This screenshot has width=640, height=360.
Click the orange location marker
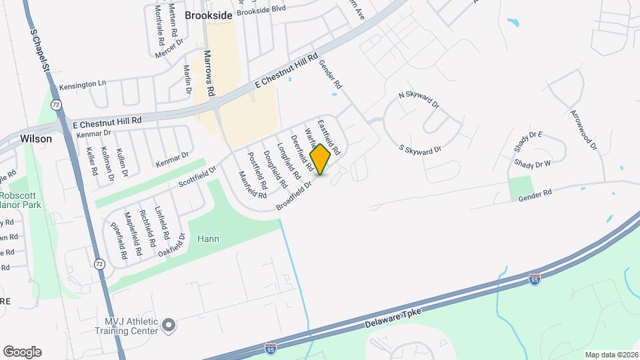(321, 159)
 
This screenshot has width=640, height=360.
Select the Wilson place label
(36, 139)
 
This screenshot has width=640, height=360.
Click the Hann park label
(208, 239)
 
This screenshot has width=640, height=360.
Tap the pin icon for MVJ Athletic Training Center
(169, 325)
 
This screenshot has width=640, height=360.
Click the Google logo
(22, 352)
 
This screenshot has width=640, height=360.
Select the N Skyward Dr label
(419, 99)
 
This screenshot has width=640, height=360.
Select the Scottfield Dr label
(198, 176)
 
